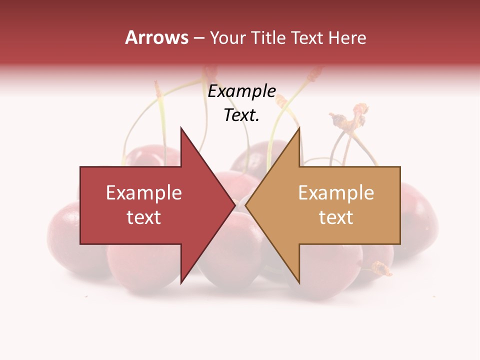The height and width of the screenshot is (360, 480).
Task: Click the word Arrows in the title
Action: [156, 37]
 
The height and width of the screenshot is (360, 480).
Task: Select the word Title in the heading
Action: [268, 37]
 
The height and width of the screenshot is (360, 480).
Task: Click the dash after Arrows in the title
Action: [198, 38]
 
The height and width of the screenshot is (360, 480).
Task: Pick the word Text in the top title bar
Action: [307, 37]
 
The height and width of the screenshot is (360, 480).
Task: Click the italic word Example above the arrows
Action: [241, 91]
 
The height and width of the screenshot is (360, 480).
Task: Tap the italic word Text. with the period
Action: [241, 115]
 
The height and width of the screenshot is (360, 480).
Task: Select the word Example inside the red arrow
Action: [144, 193]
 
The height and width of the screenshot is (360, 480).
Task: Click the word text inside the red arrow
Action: [144, 217]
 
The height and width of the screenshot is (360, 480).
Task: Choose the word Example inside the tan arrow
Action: [336, 193]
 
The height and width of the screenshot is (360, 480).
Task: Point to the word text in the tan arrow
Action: [336, 217]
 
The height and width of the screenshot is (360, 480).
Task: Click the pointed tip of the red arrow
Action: [234, 205]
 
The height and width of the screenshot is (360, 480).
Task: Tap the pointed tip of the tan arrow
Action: [246, 205]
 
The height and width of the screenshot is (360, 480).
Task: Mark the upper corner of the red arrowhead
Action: [181, 128]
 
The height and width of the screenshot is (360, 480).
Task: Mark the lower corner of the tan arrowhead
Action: [299, 282]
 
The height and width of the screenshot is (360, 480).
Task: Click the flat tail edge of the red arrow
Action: [80, 205]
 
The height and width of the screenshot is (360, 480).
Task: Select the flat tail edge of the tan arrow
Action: [400, 205]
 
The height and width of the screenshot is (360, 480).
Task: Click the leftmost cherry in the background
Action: [65, 240]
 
